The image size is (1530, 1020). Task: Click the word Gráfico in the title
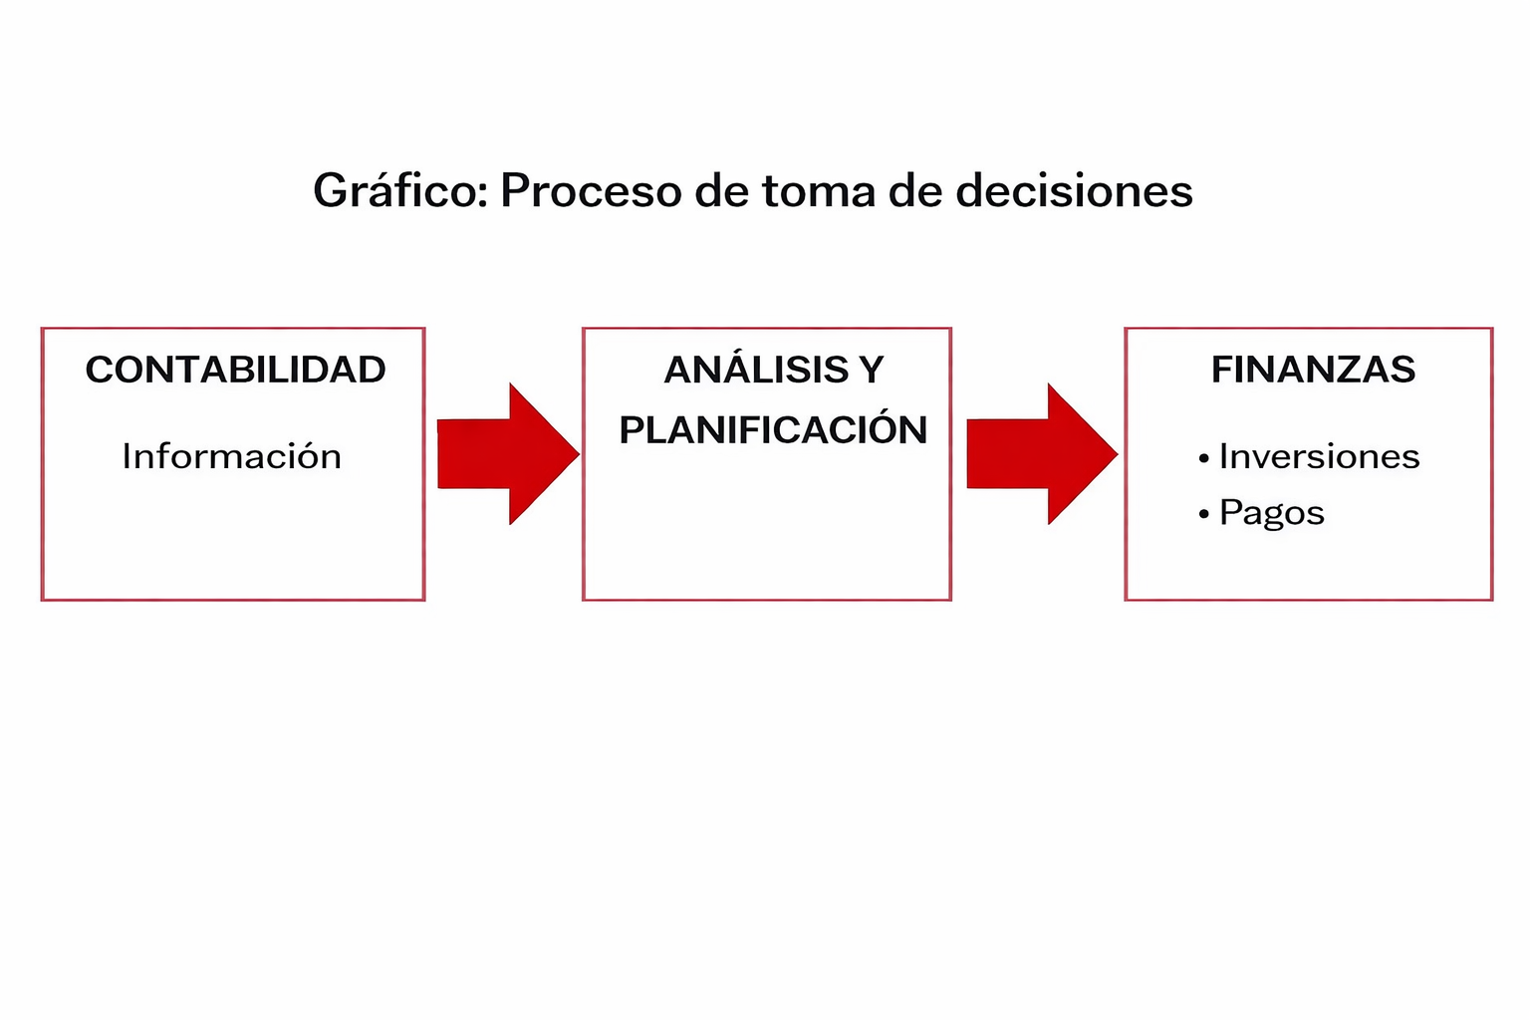[x=399, y=191]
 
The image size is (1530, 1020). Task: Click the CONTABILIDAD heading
[x=235, y=370]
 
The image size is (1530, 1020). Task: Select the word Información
[x=231, y=456]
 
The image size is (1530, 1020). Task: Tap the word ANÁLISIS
[x=756, y=370]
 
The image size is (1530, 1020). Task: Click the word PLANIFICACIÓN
[x=773, y=430]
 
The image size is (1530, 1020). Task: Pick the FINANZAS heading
[x=1313, y=370]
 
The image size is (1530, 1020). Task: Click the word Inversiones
[x=1319, y=456]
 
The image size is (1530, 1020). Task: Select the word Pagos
[x=1272, y=513]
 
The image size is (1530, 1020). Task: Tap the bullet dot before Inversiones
[x=1204, y=458]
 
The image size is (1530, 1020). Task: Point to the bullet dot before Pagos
[x=1204, y=514]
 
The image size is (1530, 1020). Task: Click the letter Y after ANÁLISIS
[x=872, y=370]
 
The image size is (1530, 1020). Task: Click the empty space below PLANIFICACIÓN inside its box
[x=767, y=528]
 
